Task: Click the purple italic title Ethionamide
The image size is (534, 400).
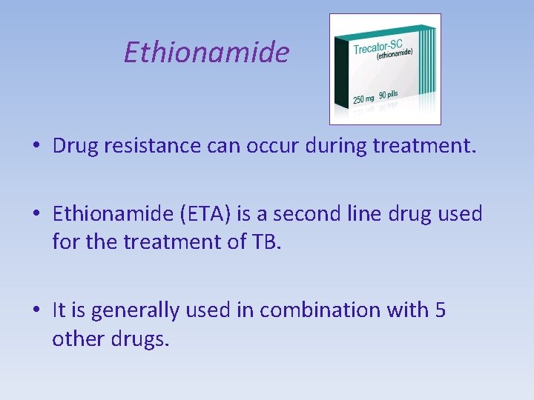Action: tap(206, 53)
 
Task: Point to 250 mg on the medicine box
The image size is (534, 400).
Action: tap(363, 98)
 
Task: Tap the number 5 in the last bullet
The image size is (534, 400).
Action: tap(440, 310)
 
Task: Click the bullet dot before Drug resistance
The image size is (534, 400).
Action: tap(36, 146)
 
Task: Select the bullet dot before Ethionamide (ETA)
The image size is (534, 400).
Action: tap(36, 216)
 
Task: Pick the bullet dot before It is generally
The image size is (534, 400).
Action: tap(36, 311)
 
